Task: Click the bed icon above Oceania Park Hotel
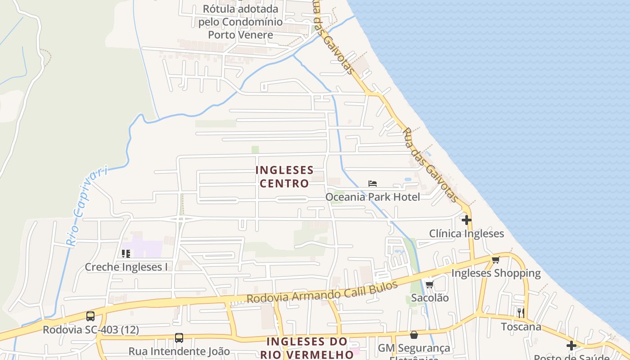pos(373,184)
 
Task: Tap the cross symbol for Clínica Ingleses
pos(467,220)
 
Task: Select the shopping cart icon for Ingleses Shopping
pos(496,260)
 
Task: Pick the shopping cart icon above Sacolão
pos(429,284)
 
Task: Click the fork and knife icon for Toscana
pos(521,313)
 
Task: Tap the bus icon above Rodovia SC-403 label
pos(90,316)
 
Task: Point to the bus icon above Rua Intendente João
pos(179,337)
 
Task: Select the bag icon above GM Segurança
pos(414,335)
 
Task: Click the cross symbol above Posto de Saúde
pos(571,346)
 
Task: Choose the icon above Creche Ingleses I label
pos(126,254)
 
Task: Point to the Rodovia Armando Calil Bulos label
pos(322,292)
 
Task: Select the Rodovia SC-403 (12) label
pos(91,330)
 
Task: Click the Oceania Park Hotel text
pos(373,197)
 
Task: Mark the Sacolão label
pos(430,297)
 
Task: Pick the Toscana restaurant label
pos(522,326)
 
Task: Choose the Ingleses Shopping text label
pos(496,273)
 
